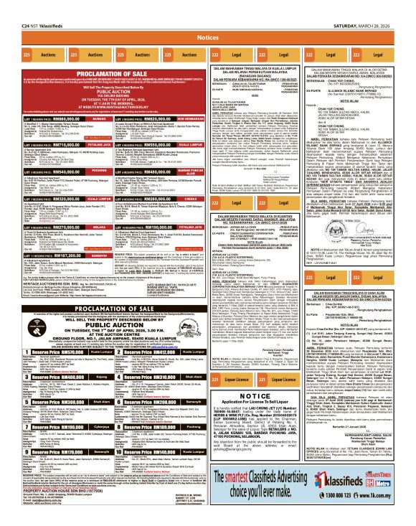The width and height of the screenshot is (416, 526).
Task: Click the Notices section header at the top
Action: tap(207, 37)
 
